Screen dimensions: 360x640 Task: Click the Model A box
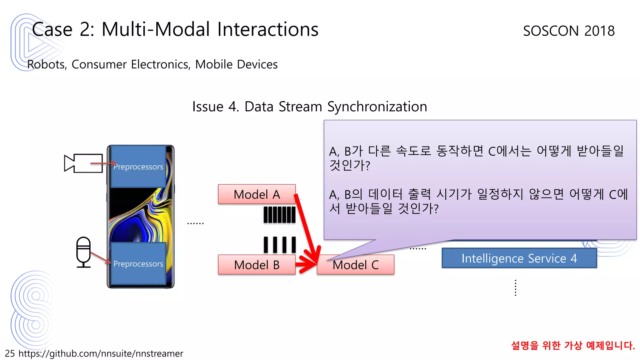tap(257, 194)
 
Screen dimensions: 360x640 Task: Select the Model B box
tap(257, 265)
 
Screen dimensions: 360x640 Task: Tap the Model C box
tap(355, 265)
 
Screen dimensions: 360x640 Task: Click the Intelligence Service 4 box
tap(519, 258)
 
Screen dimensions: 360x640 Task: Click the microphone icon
tap(83, 252)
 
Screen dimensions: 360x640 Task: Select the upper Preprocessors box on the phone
tap(138, 167)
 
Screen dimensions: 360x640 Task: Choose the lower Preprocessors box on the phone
tap(138, 264)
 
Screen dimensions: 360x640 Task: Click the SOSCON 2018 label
tap(569, 31)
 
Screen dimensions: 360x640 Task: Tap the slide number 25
tap(10, 353)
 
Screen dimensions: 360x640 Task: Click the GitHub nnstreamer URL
tap(101, 353)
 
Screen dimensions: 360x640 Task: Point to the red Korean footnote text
tap(573, 345)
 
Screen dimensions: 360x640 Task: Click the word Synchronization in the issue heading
tap(377, 107)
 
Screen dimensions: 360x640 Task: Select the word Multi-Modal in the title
tap(156, 29)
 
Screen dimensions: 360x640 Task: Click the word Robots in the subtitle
tap(47, 64)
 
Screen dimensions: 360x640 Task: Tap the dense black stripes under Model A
tap(279, 215)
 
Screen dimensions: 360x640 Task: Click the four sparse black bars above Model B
tap(280, 245)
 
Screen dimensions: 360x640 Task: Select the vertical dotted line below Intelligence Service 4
tap(515, 288)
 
